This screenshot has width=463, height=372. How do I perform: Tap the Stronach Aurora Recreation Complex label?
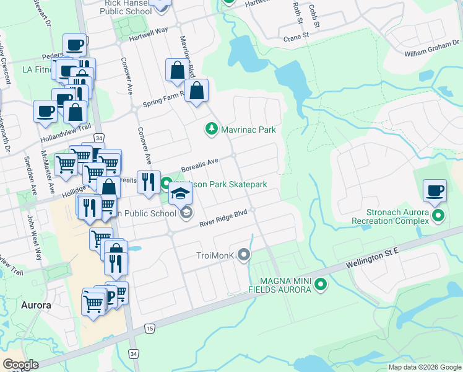click(x=391, y=216)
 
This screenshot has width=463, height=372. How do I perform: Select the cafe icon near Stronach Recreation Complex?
click(x=435, y=190)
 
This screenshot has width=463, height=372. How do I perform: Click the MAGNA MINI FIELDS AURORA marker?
click(x=320, y=285)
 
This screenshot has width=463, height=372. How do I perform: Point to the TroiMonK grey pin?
click(x=245, y=254)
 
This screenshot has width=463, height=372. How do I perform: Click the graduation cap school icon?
click(x=181, y=195)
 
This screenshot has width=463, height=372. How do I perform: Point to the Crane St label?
click(x=296, y=37)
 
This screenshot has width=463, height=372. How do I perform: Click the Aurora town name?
click(x=36, y=305)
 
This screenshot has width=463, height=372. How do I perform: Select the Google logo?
click(x=20, y=365)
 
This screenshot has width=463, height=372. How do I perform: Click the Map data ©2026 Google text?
click(x=425, y=367)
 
